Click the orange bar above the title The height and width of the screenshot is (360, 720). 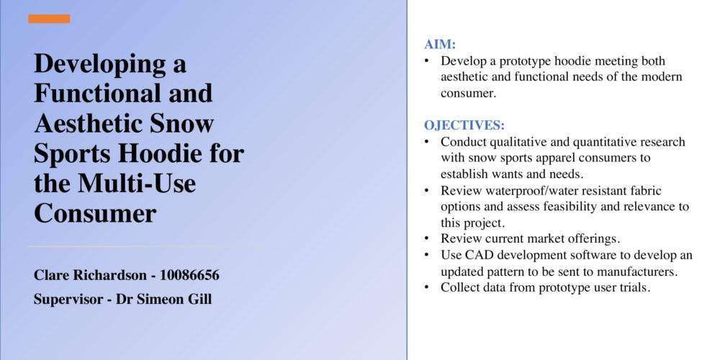pyautogui.click(x=49, y=19)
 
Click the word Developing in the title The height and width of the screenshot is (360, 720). pyautogui.click(x=96, y=65)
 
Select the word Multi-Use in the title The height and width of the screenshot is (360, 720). pyautogui.click(x=137, y=183)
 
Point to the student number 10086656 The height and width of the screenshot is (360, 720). pyautogui.click(x=189, y=276)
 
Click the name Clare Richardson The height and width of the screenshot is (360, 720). pyautogui.click(x=90, y=276)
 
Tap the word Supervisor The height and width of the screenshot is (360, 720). pyautogui.click(x=68, y=300)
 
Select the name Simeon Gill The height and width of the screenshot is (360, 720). pyautogui.click(x=173, y=300)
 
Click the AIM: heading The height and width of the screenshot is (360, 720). pyautogui.click(x=440, y=45)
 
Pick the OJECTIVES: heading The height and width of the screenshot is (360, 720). pyautogui.click(x=464, y=125)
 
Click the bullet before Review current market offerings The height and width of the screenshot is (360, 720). pyautogui.click(x=427, y=239)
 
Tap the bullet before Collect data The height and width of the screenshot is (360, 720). pyautogui.click(x=427, y=288)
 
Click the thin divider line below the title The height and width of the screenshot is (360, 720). pyautogui.click(x=145, y=246)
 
